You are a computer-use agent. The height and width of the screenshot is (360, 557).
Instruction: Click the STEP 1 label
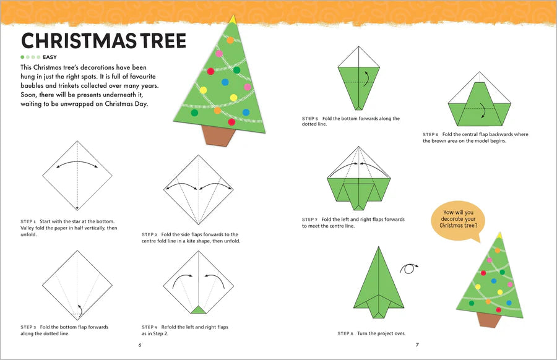(x=28, y=221)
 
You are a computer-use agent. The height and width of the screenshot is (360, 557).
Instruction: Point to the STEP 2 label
(x=149, y=234)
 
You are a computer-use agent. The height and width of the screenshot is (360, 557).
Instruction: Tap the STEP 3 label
(x=28, y=327)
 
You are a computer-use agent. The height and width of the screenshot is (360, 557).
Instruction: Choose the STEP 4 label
(x=149, y=327)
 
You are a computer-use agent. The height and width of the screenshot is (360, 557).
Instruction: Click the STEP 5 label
(x=310, y=118)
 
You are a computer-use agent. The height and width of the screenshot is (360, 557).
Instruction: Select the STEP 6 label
(x=431, y=134)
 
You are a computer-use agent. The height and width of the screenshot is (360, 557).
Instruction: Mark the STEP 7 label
(x=310, y=219)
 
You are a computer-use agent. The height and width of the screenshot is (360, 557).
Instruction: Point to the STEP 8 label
(x=345, y=333)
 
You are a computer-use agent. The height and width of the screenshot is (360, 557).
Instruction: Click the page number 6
(x=140, y=345)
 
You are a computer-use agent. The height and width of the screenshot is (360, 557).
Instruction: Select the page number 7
(x=417, y=345)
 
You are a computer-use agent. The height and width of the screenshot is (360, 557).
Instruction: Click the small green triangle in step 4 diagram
(x=199, y=309)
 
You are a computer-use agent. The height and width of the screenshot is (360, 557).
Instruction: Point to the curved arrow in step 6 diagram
(x=480, y=113)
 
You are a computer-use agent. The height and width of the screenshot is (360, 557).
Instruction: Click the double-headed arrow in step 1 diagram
(x=77, y=164)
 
